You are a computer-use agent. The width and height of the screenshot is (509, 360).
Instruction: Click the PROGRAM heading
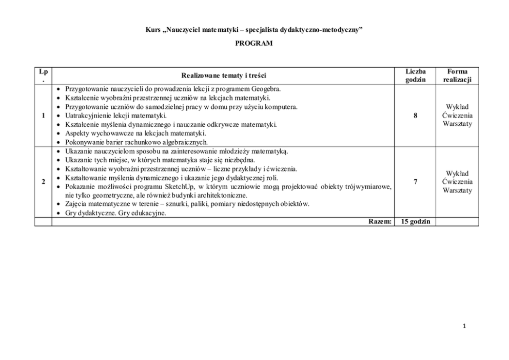pyautogui.click(x=253, y=44)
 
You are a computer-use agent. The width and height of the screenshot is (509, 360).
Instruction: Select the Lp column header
pyautogui.click(x=43, y=75)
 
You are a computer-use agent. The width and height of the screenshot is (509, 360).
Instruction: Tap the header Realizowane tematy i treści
pyautogui.click(x=224, y=75)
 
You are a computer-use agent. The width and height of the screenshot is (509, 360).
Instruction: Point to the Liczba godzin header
pyautogui.click(x=415, y=75)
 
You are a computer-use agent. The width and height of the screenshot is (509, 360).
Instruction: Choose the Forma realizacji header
pyautogui.click(x=457, y=75)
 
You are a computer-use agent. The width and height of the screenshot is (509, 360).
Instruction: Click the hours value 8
pyautogui.click(x=415, y=116)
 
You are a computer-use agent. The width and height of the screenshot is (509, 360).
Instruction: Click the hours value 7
pyautogui.click(x=415, y=182)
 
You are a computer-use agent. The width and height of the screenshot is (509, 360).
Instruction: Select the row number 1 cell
pyautogui.click(x=43, y=116)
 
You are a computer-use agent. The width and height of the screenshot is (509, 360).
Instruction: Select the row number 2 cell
pyautogui.click(x=43, y=182)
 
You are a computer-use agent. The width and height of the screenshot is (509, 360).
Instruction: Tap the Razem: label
pyautogui.click(x=381, y=221)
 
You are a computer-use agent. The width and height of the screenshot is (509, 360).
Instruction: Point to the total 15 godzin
pyautogui.click(x=415, y=221)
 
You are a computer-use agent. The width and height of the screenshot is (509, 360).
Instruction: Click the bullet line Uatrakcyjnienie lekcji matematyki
pyautogui.click(x=112, y=116)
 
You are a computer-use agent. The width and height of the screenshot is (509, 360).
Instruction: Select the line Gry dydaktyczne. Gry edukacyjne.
pyautogui.click(x=115, y=213)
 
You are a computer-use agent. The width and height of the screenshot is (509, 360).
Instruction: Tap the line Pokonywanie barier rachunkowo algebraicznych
pyautogui.click(x=136, y=142)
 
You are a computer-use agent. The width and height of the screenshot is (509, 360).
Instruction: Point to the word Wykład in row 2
pyautogui.click(x=457, y=174)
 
